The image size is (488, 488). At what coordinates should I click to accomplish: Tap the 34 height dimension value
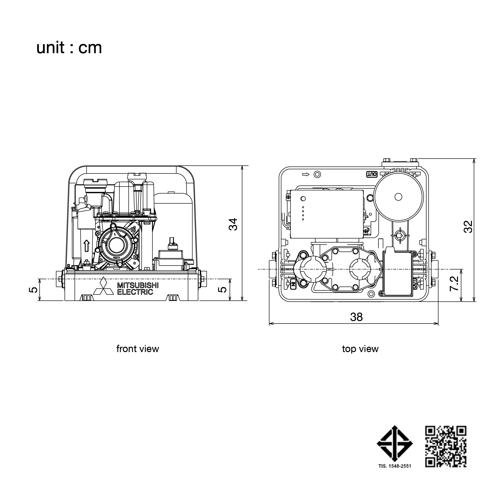click(x=234, y=224)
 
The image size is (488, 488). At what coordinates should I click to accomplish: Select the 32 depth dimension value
click(x=468, y=227)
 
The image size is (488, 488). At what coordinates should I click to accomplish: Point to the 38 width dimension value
click(x=356, y=317)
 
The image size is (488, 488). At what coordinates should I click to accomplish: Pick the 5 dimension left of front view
click(x=34, y=289)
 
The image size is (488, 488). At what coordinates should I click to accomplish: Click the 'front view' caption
click(x=138, y=349)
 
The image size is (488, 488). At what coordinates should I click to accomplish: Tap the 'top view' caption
click(x=360, y=349)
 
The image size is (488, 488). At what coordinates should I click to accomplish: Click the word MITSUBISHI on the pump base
click(x=138, y=285)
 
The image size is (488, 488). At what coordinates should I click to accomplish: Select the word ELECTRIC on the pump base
click(x=135, y=292)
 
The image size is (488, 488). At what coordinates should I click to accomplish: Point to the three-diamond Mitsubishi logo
click(x=103, y=286)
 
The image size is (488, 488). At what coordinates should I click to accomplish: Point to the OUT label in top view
click(x=372, y=174)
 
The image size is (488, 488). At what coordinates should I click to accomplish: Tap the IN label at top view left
click(x=293, y=284)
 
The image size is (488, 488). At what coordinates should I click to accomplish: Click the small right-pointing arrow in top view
click(x=306, y=174)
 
